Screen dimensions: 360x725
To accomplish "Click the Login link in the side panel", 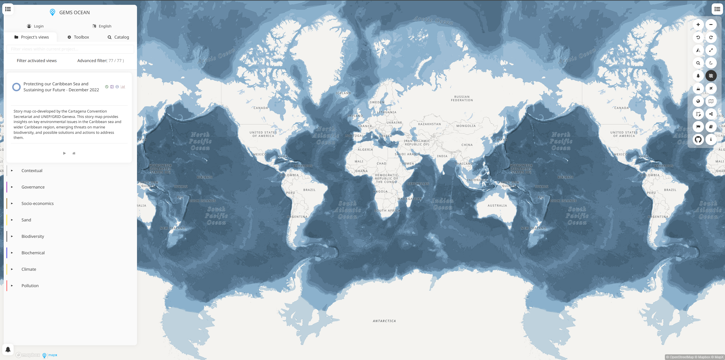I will (x=35, y=26).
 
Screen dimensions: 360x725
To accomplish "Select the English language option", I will (x=102, y=26).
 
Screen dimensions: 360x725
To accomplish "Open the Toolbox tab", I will (x=78, y=37).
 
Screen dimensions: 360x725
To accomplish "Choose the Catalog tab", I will (x=118, y=37).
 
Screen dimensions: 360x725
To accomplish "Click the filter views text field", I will (x=70, y=49).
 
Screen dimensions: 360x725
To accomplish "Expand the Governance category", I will (x=33, y=187).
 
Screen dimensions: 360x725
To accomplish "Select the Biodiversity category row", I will (x=33, y=236).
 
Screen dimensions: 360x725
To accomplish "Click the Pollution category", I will (x=30, y=286).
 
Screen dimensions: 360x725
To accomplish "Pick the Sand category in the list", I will (x=26, y=220).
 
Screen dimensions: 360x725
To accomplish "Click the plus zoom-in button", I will (x=698, y=25).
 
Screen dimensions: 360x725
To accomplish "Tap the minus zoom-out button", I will (x=711, y=25).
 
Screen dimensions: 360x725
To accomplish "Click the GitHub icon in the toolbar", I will (x=698, y=139).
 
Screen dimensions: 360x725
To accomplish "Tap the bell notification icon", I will (x=8, y=350).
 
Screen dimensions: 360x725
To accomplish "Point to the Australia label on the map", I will (x=497, y=206).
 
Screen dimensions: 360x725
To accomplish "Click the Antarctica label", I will (x=384, y=321).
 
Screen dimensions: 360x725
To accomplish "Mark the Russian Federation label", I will (x=462, y=98).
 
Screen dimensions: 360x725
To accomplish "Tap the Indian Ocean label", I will (x=442, y=204).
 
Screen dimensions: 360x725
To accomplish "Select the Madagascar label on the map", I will (x=409, y=199).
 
